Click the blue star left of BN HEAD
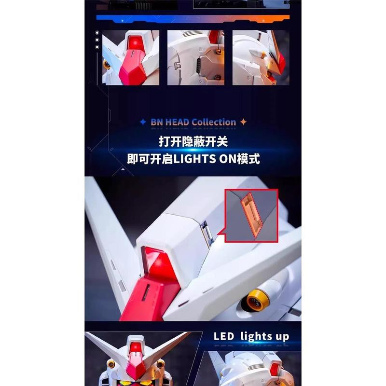143,123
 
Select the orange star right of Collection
243,122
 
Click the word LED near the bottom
224,336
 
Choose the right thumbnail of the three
260,58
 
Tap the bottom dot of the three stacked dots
97,47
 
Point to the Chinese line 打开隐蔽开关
193,142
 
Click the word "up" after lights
279,336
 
